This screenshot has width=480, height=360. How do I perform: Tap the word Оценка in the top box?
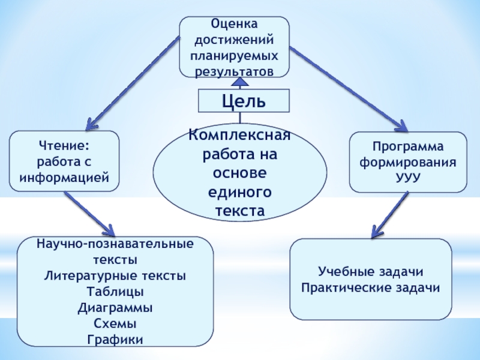(234, 25)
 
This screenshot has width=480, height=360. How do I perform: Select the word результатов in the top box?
(234, 71)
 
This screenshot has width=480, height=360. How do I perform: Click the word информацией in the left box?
(64, 178)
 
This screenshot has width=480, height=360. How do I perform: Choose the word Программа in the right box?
(408, 147)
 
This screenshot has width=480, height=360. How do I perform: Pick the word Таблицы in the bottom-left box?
(115, 292)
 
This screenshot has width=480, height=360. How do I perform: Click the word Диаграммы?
(115, 308)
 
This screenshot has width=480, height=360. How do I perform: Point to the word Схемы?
(115, 324)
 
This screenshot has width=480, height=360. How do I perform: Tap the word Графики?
(115, 340)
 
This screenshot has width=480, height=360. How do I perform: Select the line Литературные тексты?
(115, 276)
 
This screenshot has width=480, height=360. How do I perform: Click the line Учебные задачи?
(371, 272)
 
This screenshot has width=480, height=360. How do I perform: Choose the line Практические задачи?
(371, 288)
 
